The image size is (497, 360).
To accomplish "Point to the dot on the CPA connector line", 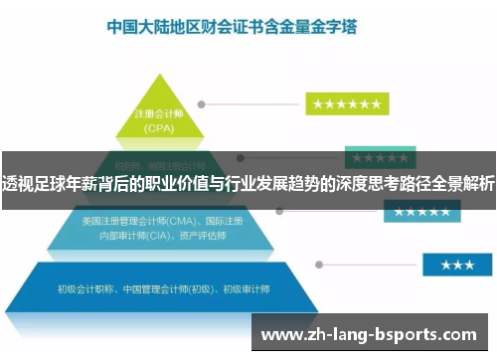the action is [x=202, y=103].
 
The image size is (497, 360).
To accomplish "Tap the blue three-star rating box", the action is [x=456, y=264].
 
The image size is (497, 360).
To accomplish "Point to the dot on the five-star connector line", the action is [x=282, y=211].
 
